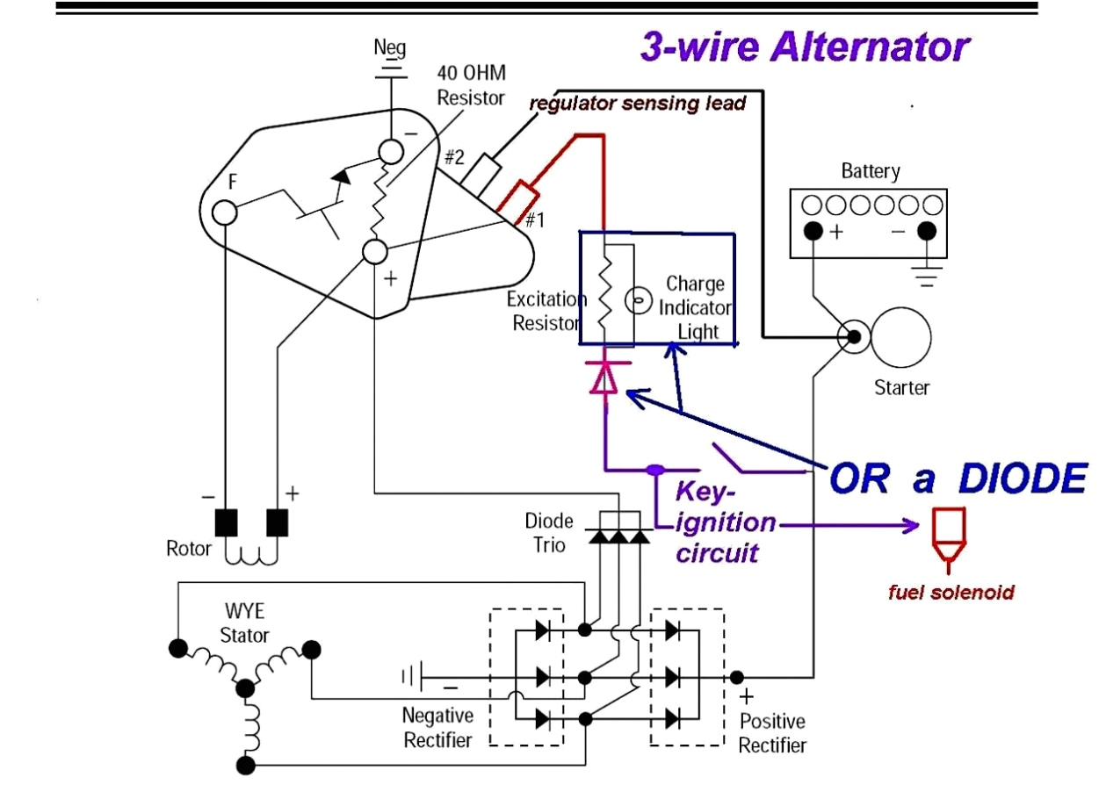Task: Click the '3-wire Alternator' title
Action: pyautogui.click(x=804, y=47)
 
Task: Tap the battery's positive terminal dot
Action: pyautogui.click(x=813, y=232)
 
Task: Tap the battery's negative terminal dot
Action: pyautogui.click(x=926, y=232)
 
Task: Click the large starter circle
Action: pyautogui.click(x=901, y=336)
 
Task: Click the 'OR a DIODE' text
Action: pyautogui.click(x=958, y=479)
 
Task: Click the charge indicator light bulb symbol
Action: pyautogui.click(x=636, y=301)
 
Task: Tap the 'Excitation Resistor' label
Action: pyautogui.click(x=546, y=311)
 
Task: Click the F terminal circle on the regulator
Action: pyautogui.click(x=224, y=212)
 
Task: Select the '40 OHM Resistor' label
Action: pyautogui.click(x=471, y=84)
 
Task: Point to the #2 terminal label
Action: pyautogui.click(x=453, y=159)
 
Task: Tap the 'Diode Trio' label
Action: pyautogui.click(x=549, y=532)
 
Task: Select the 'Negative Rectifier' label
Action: pyautogui.click(x=437, y=728)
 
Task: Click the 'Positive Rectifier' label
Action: pyautogui.click(x=772, y=733)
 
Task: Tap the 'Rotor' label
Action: pyautogui.click(x=189, y=549)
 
